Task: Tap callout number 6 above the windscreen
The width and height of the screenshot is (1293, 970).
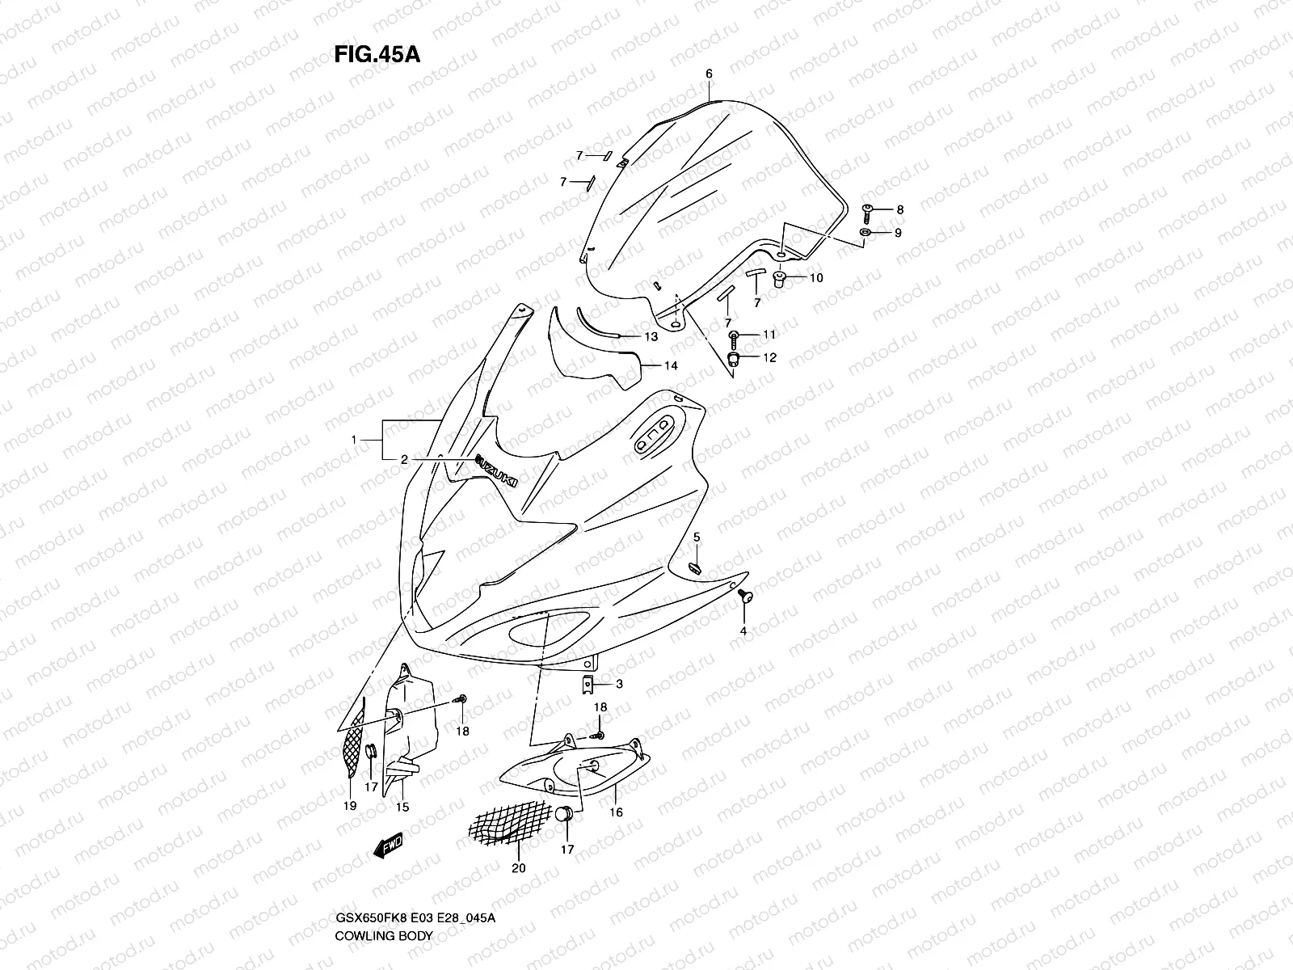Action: [x=709, y=74]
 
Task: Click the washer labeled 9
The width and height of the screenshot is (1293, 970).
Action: [x=865, y=233]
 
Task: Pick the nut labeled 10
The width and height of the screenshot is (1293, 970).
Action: [x=781, y=280]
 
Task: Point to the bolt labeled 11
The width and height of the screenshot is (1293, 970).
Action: [x=735, y=335]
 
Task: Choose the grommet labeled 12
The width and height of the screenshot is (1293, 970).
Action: [x=735, y=357]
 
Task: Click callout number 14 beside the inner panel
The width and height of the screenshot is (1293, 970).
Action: [x=671, y=365]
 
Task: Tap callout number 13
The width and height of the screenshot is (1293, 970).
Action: [x=651, y=336]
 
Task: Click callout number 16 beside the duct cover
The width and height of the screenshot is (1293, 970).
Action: [x=616, y=812]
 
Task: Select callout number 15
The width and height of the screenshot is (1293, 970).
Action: [x=401, y=807]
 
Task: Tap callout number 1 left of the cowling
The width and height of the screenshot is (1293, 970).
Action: [x=354, y=439]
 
